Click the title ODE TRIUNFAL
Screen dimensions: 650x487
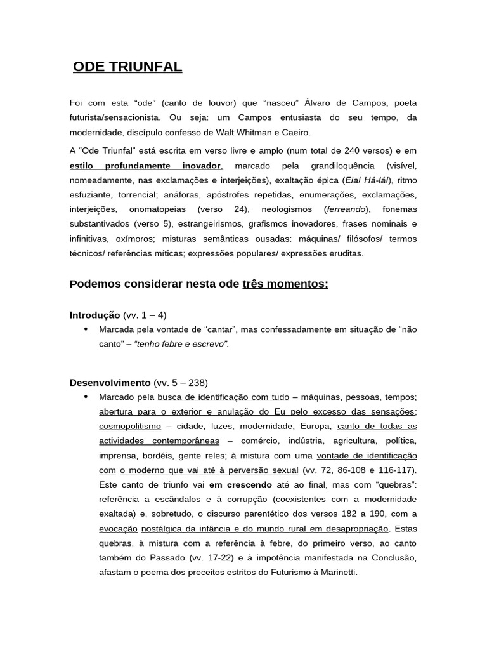[x=127, y=67]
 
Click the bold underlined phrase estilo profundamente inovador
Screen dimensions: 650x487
[x=146, y=165]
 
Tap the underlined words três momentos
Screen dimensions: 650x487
[x=285, y=283]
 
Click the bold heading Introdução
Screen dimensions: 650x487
[x=94, y=315]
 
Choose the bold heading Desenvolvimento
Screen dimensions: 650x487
[x=110, y=382]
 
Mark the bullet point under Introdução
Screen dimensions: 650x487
[x=86, y=329]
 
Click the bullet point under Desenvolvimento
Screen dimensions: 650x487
[x=86, y=397]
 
